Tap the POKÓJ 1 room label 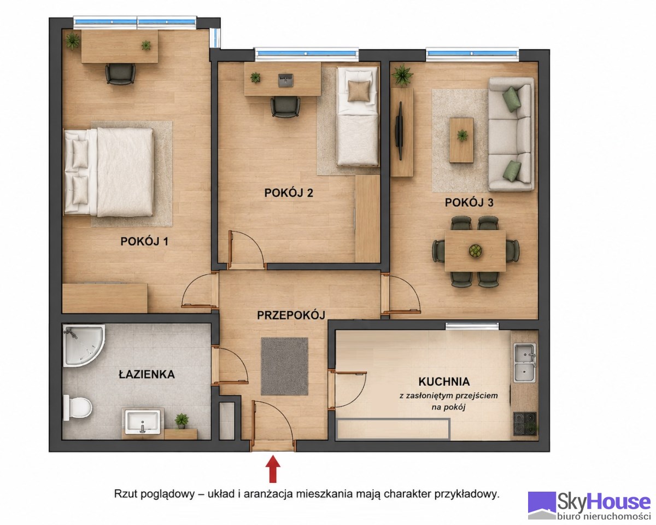[144, 242]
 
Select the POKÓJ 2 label [289, 193]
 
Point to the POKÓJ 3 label [469, 202]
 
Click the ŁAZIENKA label [147, 374]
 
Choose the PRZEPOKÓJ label [291, 315]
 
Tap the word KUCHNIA [444, 382]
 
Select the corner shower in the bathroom [84, 345]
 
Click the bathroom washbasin [143, 422]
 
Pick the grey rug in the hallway [284, 366]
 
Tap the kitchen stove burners [525, 424]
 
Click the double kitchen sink [525, 363]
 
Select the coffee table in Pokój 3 [461, 141]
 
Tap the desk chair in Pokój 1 [120, 74]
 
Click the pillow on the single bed [359, 91]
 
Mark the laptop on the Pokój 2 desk [285, 80]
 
